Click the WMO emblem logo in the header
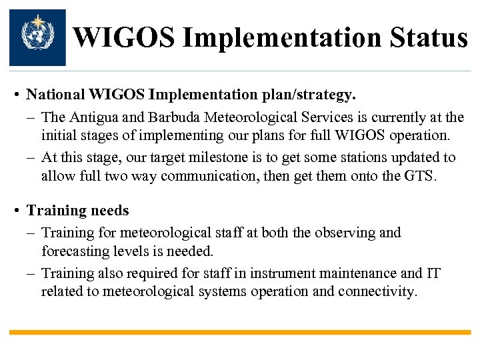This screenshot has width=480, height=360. [37, 37]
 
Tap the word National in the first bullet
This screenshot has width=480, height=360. [57, 96]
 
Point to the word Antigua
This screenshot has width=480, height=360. [93, 118]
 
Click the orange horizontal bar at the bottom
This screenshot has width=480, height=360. [240, 332]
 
